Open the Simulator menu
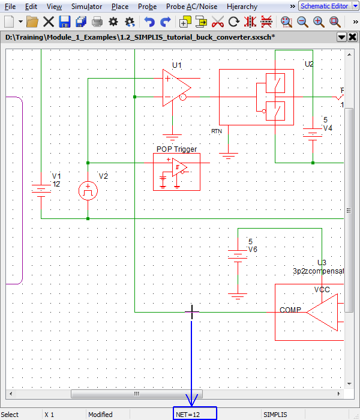tap(86, 7)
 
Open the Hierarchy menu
tap(242, 7)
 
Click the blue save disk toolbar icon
tap(65, 22)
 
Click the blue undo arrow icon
tap(149, 22)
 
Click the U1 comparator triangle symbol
tap(175, 88)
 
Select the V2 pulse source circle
tap(88, 191)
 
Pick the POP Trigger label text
tap(176, 149)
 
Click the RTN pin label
tap(217, 131)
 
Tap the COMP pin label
tap(290, 310)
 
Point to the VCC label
tap(322, 290)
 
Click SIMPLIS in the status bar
tap(275, 415)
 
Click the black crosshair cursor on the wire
tap(192, 312)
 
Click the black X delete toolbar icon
tap(49, 22)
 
